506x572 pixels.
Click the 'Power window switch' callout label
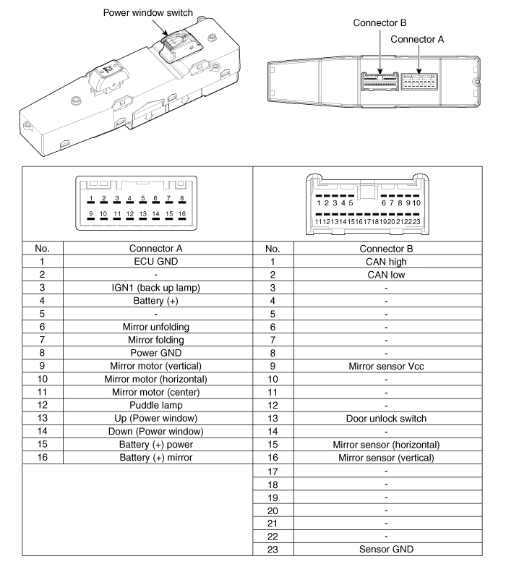(149, 13)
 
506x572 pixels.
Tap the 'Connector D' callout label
(380, 23)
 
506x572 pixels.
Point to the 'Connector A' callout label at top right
(416, 40)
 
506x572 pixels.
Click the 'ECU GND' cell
(155, 261)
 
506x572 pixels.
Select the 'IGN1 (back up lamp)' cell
(155, 288)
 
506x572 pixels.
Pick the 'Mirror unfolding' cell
(155, 327)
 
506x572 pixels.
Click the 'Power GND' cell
(155, 353)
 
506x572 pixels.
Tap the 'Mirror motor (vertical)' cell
(155, 366)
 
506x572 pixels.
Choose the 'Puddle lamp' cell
(155, 405)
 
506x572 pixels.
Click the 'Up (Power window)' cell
(155, 418)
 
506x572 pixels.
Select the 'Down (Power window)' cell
(155, 431)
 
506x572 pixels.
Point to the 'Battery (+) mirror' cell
(155, 457)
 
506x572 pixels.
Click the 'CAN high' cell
(386, 261)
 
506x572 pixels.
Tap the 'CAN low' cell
(386, 275)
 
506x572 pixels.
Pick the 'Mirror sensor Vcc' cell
(386, 366)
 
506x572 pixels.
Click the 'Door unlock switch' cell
(386, 418)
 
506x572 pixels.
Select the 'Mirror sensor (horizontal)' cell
(386, 444)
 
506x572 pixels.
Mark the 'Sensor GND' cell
(386, 550)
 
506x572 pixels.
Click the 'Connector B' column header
(386, 248)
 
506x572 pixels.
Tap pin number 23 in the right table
(272, 550)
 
